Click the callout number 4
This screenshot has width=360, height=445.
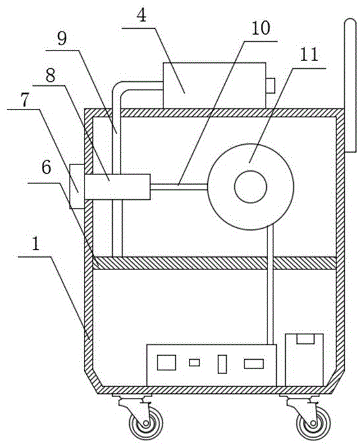[142, 16]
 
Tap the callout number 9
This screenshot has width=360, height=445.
[62, 39]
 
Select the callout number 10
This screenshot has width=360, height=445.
[261, 28]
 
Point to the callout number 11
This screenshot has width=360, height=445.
[309, 55]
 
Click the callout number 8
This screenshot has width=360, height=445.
[50, 75]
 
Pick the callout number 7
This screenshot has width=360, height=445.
[25, 100]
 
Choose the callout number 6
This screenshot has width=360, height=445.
[47, 167]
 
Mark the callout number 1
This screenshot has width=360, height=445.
[35, 244]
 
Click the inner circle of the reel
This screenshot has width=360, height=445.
[250, 187]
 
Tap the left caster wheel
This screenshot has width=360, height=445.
[146, 424]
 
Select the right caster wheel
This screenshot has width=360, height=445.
[313, 424]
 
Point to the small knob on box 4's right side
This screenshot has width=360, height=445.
[270, 85]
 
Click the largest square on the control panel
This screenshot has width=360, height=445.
[167, 362]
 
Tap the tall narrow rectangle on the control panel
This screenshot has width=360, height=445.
[222, 364]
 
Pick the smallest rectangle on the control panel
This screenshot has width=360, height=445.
[195, 362]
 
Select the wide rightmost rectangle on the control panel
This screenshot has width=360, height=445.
[254, 364]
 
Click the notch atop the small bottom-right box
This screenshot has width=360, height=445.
[305, 339]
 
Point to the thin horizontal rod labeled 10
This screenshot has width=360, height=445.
[179, 187]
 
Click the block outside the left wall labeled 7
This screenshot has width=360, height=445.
[77, 187]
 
